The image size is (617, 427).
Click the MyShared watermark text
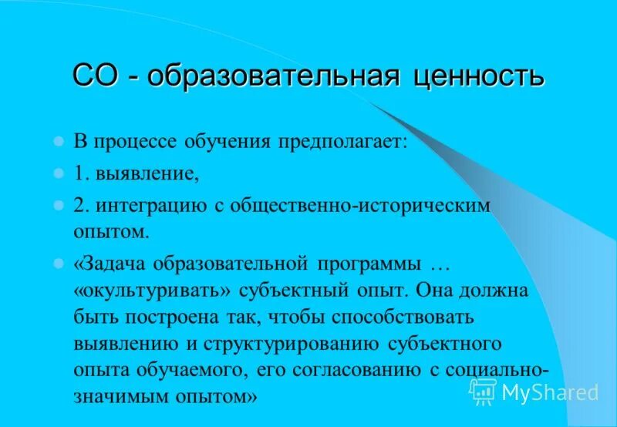[549, 392]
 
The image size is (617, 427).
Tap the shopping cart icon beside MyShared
[484, 392]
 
